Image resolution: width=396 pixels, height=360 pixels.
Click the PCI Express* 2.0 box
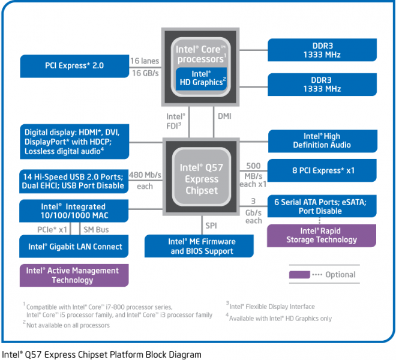tap(74, 65)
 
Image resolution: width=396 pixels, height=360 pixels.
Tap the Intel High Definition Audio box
tap(322, 141)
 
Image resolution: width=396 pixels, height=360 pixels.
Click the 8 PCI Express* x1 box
tap(322, 170)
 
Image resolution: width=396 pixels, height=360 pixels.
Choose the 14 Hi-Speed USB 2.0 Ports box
tap(74, 181)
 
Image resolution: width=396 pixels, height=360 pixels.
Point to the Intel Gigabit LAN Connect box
tap(74, 247)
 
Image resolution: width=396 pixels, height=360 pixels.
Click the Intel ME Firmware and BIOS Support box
tap(202, 246)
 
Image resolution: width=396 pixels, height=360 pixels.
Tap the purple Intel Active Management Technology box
tap(74, 275)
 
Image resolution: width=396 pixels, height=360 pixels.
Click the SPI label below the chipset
tap(211, 227)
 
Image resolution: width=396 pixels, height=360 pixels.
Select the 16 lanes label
tap(145, 61)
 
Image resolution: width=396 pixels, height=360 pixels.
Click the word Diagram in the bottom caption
tap(184, 354)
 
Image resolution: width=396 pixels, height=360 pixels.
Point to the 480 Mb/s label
tap(145, 175)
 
